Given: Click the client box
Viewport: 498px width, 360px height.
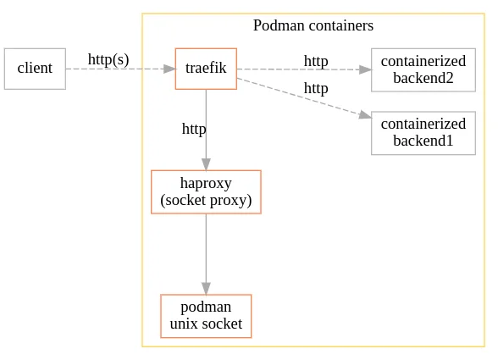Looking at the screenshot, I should point(35,69).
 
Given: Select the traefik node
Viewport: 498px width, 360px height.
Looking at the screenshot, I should point(206,69).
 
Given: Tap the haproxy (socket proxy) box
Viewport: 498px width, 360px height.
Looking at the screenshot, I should point(206,192).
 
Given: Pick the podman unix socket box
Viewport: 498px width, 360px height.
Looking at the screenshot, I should point(206,316).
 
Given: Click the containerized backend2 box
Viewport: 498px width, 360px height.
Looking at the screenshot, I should point(423,69).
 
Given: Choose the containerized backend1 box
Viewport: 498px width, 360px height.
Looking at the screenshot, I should point(423,132).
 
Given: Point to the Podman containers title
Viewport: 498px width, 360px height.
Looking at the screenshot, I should point(313,25).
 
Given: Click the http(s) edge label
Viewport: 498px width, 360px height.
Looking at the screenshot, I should point(108,59).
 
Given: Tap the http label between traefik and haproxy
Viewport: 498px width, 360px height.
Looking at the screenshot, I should point(194,129).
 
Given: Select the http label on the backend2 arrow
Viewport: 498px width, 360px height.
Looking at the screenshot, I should point(316,61).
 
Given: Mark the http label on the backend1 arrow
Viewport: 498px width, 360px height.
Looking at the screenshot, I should point(316,88).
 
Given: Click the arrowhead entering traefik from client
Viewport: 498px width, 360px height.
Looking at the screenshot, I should point(169,69).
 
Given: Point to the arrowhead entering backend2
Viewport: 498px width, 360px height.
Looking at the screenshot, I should point(365,69).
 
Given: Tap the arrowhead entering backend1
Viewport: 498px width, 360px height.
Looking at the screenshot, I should point(365,115).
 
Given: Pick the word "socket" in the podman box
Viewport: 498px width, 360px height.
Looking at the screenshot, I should point(221,324).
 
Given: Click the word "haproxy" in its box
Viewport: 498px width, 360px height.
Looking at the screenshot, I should point(206,184).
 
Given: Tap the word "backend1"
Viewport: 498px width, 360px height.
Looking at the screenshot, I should point(423,140).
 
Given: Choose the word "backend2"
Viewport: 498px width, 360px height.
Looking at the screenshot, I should point(423,77).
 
